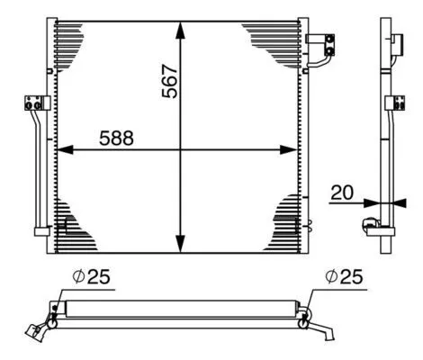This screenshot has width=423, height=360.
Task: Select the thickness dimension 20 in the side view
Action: [341, 192]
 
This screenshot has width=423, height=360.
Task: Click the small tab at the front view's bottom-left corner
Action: [40, 231]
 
